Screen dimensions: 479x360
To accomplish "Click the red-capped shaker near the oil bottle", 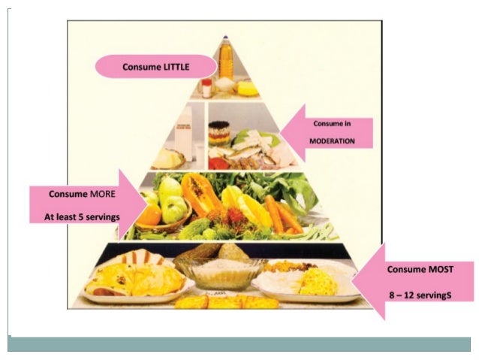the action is pos(206,86).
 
